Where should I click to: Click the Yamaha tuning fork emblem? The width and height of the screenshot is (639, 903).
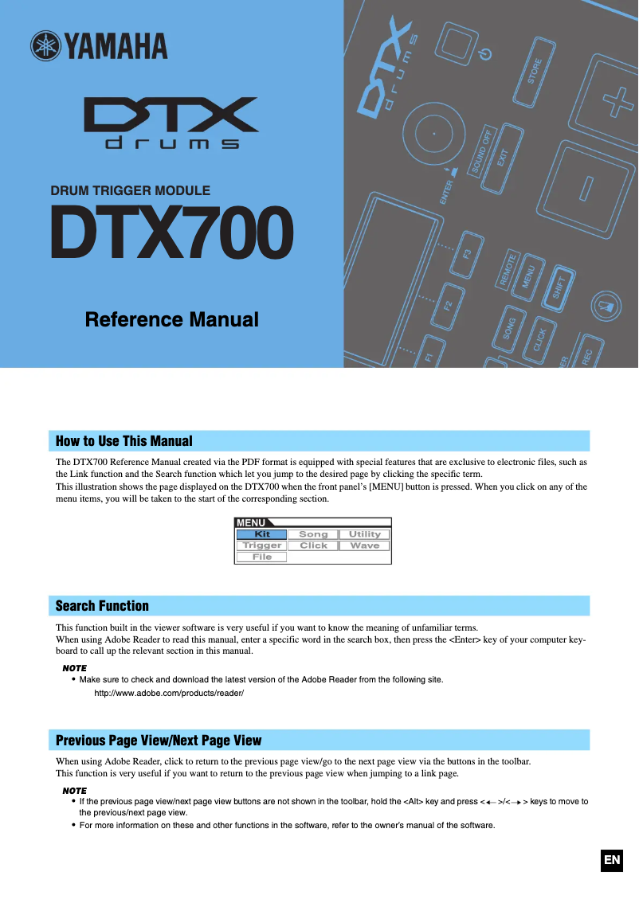(45, 46)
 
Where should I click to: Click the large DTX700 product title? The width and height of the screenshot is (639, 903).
(171, 233)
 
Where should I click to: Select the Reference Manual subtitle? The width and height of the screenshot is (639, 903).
(172, 319)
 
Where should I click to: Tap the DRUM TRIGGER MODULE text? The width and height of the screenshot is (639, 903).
(131, 191)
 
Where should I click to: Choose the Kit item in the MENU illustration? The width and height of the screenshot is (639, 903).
(262, 534)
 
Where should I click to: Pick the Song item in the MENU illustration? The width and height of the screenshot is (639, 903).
(313, 534)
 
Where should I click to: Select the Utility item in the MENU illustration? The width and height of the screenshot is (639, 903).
(364, 534)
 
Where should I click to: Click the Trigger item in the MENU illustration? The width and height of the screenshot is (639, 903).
(262, 545)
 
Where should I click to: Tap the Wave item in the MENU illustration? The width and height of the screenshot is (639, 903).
(364, 545)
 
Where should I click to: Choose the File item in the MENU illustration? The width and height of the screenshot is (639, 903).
(262, 557)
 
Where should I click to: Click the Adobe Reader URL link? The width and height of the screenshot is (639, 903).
(169, 694)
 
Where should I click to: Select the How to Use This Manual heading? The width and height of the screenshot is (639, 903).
(124, 441)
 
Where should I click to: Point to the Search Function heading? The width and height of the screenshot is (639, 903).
(102, 606)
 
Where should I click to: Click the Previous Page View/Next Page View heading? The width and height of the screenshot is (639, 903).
(159, 741)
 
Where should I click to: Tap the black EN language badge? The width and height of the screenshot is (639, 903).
(611, 860)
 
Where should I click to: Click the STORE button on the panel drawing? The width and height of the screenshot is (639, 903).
(535, 72)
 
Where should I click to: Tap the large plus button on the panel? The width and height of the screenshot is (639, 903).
(614, 102)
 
